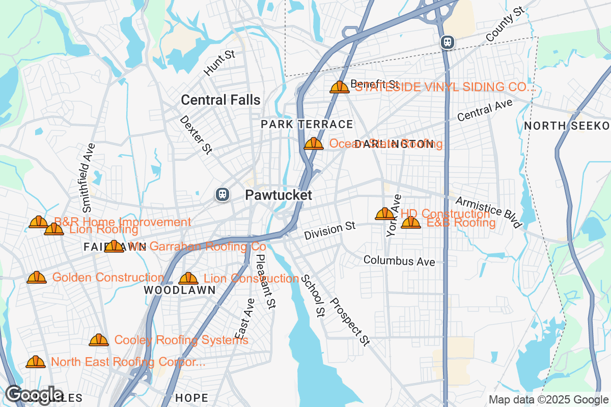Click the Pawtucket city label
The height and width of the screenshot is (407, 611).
pos(278,195)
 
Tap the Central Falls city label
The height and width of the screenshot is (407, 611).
pos(220,100)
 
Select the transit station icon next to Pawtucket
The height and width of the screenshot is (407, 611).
pos(222,194)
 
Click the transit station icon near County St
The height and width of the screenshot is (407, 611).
pos(448,42)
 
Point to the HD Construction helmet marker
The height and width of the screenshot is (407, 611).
pos(384,214)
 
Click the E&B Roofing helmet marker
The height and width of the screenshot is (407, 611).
pos(411,222)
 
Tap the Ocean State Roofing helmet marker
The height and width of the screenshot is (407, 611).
pos(314,143)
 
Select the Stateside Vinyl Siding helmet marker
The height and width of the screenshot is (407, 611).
pos(340,87)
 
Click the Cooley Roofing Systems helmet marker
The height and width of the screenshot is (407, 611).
pos(99,340)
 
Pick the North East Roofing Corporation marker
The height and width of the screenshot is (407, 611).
pos(36,362)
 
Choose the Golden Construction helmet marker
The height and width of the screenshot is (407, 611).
pos(37,277)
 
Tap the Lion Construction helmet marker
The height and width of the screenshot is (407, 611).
pos(188,278)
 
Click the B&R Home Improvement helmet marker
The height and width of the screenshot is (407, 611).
pos(39,222)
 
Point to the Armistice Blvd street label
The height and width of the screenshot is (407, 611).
pos(488,212)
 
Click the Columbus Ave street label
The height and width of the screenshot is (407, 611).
pos(399,261)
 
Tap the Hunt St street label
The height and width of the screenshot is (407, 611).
pos(219,63)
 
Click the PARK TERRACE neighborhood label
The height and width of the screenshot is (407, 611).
pos(307,124)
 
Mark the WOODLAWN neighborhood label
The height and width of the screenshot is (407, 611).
pos(179,290)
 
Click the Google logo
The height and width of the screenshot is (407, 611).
pos(34,395)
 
